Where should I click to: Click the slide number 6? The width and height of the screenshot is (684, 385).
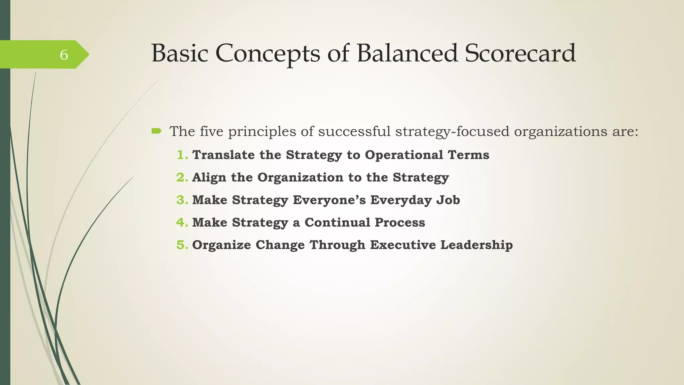[x=64, y=55]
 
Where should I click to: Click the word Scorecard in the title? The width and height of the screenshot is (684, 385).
[x=520, y=53]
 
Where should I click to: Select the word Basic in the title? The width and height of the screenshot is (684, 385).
[x=180, y=53]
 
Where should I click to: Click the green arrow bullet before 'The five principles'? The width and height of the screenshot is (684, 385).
[x=156, y=131]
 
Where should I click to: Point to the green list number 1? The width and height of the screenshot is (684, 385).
[x=182, y=155]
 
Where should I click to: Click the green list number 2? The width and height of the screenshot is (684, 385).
[x=182, y=177]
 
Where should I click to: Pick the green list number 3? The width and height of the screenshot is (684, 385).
[x=182, y=200]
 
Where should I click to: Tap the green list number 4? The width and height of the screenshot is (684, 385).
[x=182, y=222]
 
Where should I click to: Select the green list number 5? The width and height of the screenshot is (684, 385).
[x=182, y=245]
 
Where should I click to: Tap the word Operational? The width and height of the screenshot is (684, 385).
[x=404, y=155]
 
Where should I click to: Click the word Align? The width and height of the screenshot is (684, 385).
[x=209, y=177]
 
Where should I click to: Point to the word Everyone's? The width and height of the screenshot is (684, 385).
[x=329, y=200]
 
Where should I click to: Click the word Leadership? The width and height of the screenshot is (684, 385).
[x=476, y=245]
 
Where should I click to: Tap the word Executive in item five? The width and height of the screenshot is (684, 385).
[x=402, y=245]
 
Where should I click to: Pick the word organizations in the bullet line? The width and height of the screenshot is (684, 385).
[x=560, y=131]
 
